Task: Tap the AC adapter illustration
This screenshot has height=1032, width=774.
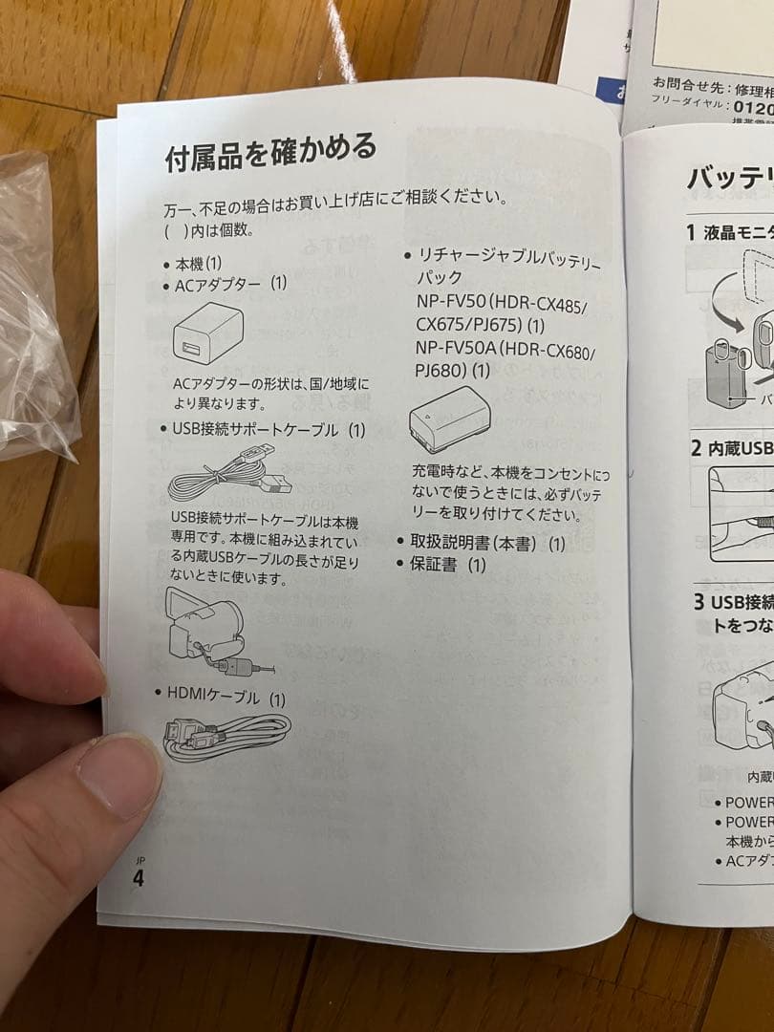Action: point(208,334)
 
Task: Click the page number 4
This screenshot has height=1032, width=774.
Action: point(139,878)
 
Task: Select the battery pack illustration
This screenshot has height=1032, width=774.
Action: point(449,419)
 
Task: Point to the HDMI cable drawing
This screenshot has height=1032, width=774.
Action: point(226,735)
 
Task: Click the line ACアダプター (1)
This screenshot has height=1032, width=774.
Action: point(230,284)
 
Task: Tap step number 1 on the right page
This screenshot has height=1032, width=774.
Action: point(691,230)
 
